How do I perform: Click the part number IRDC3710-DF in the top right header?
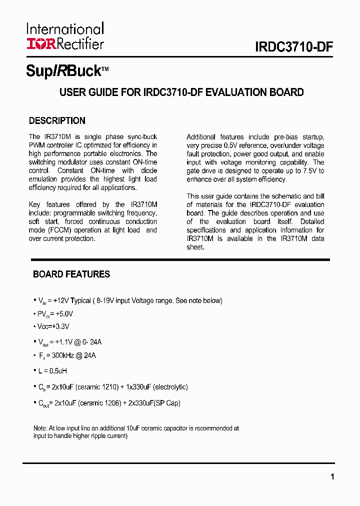(294, 47)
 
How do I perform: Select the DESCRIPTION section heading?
(57, 120)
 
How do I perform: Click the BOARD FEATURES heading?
(71, 274)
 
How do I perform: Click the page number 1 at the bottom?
(332, 476)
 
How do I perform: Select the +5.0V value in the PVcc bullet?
(64, 314)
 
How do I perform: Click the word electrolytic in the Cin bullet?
(170, 387)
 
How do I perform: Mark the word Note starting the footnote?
(39, 428)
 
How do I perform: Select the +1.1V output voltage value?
(64, 342)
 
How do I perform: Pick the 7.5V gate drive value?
(309, 171)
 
